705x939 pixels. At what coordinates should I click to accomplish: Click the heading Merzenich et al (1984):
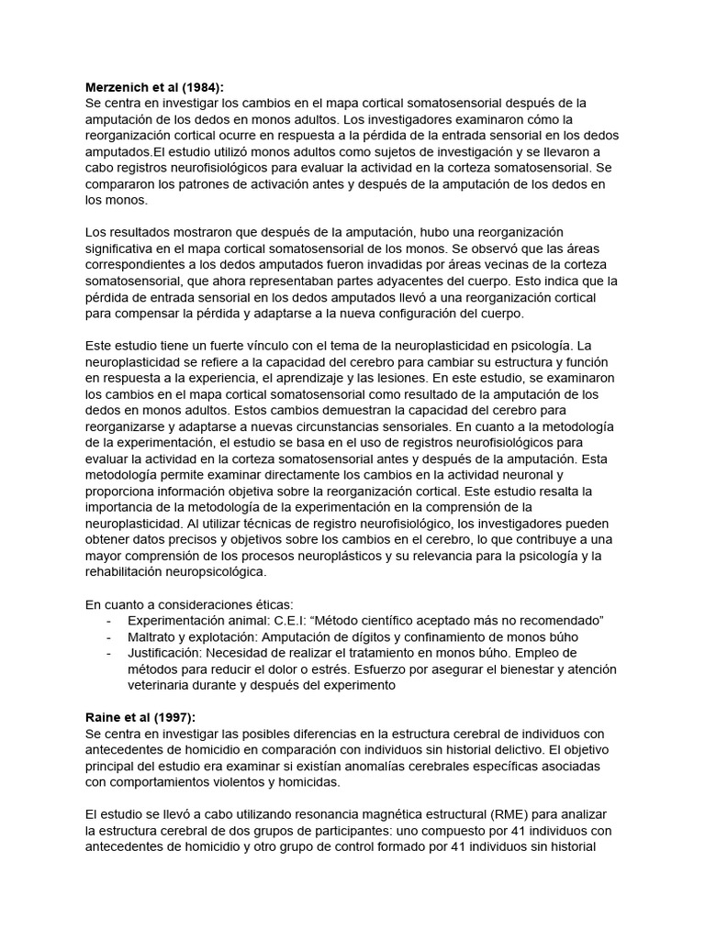(x=154, y=86)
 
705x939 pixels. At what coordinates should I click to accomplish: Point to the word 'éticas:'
(x=265, y=604)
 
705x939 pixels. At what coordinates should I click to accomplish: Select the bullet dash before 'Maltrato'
(x=110, y=637)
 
